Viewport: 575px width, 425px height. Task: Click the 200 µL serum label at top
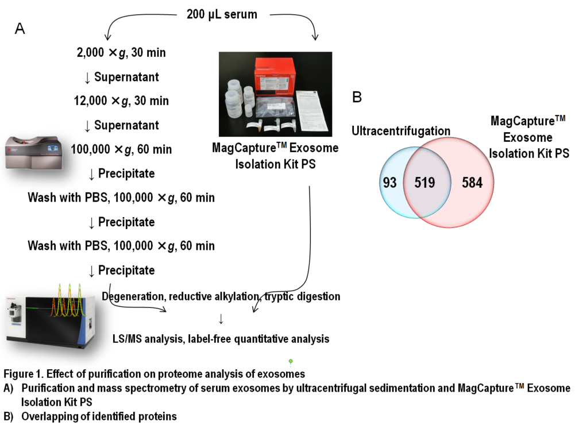point(222,14)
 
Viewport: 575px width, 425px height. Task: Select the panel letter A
point(20,29)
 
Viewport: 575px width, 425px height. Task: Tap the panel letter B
point(357,98)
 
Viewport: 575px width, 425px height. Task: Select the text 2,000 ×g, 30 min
point(121,53)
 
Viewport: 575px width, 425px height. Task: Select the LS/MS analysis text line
point(221,338)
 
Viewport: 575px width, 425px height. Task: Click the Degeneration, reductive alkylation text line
point(221,296)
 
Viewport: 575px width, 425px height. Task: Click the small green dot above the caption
point(291,361)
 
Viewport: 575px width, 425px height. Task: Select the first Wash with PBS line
point(121,198)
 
